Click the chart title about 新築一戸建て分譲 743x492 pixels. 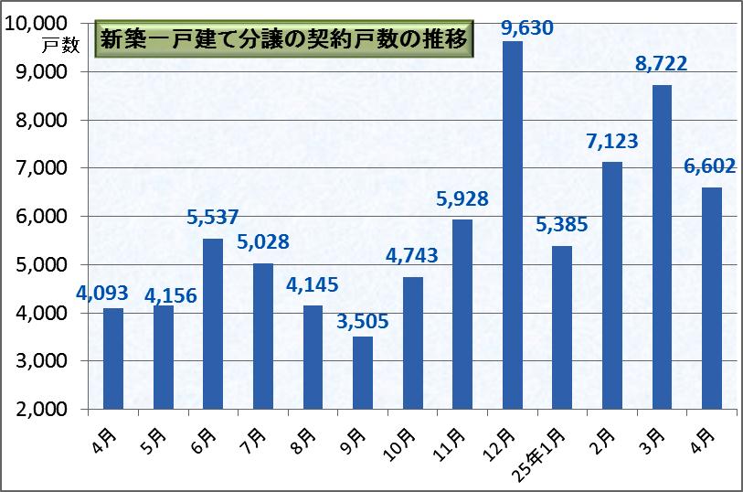[284, 41]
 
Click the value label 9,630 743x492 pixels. [527, 27]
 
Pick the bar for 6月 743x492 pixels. [213, 324]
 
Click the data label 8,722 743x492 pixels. [662, 64]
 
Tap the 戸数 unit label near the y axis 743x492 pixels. [61, 45]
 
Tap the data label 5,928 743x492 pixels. [462, 198]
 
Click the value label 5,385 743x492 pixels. [562, 225]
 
